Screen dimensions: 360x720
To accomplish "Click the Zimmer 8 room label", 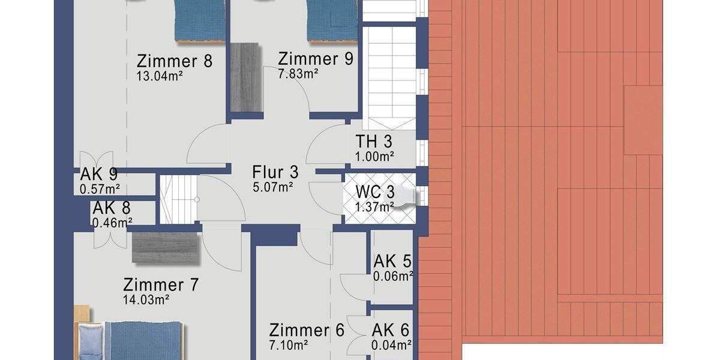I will click(175, 61).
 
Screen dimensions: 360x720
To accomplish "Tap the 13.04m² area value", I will click(160, 76).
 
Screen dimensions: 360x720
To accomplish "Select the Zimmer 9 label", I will click(315, 59).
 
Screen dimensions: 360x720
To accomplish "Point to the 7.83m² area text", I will click(298, 73).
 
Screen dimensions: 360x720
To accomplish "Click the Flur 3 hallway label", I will click(275, 172).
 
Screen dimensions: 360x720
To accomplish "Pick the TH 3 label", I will click(374, 143).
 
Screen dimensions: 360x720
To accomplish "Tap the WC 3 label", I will click(375, 193).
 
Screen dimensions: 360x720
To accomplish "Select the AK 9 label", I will click(99, 175).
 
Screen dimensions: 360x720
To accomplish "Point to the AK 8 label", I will click(112, 209).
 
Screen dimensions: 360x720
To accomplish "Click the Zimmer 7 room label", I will click(160, 284).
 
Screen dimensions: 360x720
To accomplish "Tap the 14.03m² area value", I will click(146, 299).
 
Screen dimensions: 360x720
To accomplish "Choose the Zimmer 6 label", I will click(307, 330).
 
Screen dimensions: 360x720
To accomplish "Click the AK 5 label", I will click(393, 262).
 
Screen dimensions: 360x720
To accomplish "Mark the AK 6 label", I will click(391, 330).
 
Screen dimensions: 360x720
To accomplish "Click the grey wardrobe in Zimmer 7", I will click(165, 248).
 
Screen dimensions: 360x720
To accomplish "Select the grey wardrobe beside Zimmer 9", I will click(245, 77).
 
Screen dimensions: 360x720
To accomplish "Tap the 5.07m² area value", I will click(273, 187).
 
